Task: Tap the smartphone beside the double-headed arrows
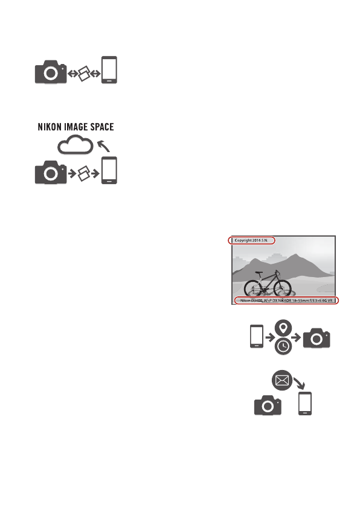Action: pyautogui.click(x=109, y=69)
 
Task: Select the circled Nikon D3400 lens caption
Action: pyautogui.click(x=286, y=300)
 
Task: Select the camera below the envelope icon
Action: pyautogui.click(x=267, y=406)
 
